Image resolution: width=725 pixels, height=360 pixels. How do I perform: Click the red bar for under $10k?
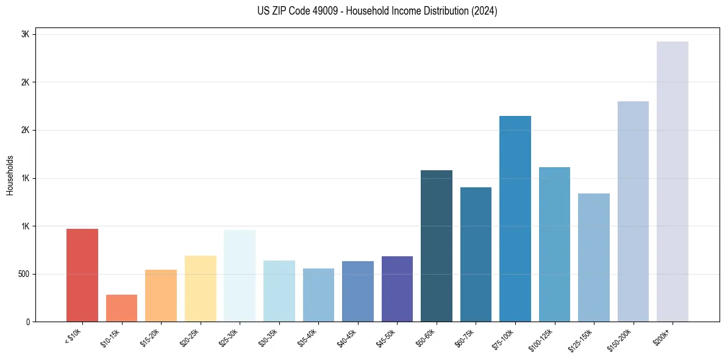point(82,275)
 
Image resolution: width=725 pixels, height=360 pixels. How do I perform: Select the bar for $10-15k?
point(121,308)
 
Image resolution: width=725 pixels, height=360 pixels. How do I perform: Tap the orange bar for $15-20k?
point(161,296)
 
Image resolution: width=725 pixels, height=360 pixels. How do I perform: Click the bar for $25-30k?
point(240,276)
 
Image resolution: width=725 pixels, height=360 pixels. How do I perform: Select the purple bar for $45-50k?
point(397,289)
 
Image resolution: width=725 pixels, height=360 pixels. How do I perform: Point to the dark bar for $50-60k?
point(437,246)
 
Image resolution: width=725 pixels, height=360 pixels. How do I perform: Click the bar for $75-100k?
point(515,218)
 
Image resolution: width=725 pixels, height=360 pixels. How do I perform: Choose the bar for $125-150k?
point(594,257)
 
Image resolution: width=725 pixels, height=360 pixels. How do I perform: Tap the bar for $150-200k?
point(633,211)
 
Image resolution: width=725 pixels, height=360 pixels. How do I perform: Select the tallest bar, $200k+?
point(673,181)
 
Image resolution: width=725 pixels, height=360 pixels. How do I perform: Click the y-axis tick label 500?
point(23,274)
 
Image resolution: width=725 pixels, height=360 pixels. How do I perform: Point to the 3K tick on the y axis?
point(25,35)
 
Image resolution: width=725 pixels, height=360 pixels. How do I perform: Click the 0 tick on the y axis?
point(27,322)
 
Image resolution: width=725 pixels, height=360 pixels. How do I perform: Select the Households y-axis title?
point(10,175)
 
